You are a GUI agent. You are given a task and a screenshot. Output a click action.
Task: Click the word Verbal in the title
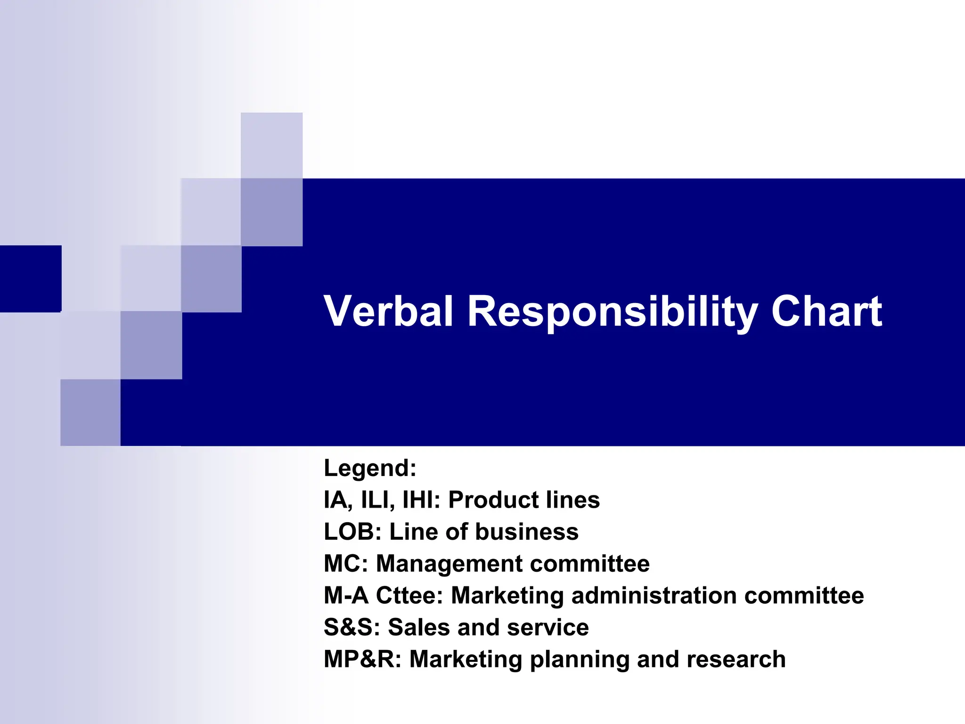point(388,311)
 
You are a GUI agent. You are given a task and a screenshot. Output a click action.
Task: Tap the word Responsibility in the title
point(612,312)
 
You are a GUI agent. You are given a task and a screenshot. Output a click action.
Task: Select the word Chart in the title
point(826,311)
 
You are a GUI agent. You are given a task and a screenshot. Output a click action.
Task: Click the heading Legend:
point(370,468)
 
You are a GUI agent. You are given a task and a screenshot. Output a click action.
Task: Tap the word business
point(526,532)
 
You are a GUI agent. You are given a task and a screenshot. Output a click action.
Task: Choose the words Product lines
point(523,500)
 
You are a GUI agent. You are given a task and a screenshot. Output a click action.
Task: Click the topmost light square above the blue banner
point(271,145)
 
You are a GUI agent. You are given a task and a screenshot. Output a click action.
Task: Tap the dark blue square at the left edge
point(30,279)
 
